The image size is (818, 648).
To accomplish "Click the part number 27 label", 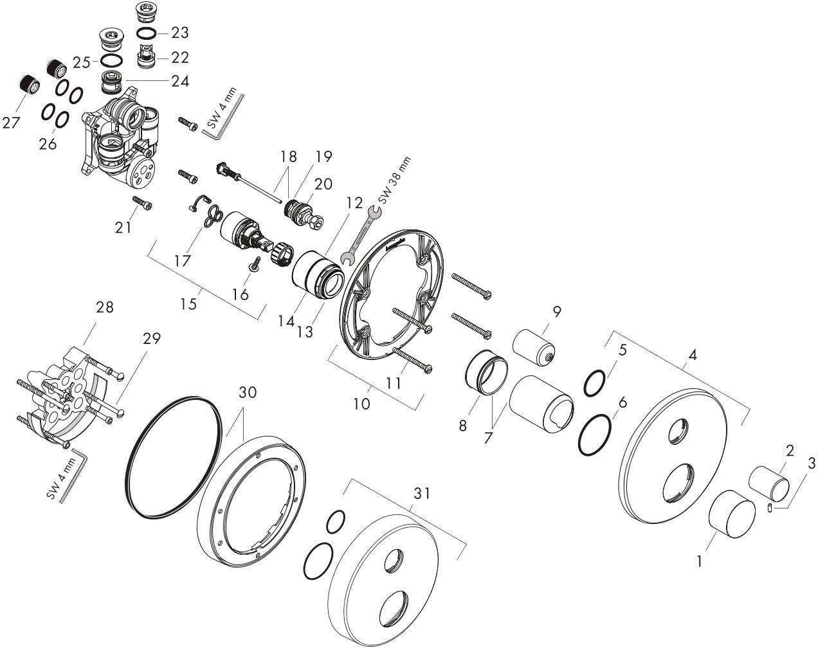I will click(12, 122).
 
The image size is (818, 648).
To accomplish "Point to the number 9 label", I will click(556, 312).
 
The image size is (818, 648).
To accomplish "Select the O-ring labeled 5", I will click(595, 384).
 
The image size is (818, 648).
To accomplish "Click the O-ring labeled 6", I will click(595, 435).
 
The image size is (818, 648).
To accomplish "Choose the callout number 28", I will click(104, 307).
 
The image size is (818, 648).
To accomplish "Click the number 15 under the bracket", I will click(188, 303).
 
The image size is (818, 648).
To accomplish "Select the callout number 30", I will click(248, 392).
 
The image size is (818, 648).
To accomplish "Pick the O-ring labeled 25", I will click(113, 61).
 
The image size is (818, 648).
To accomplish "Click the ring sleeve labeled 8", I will click(486, 373).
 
